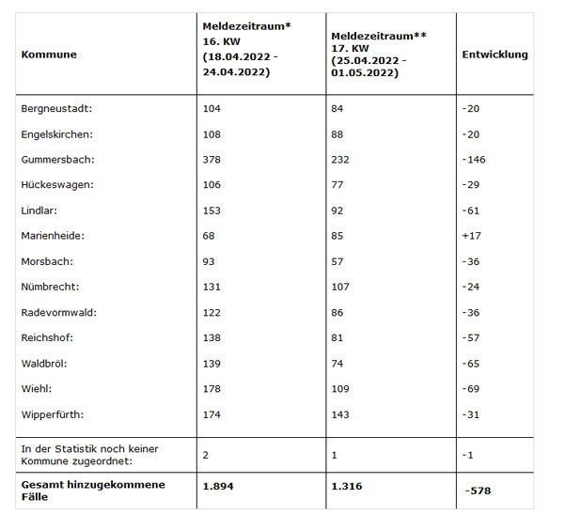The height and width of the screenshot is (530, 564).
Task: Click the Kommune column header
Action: click(x=49, y=55)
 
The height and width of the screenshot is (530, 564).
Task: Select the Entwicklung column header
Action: click(x=495, y=55)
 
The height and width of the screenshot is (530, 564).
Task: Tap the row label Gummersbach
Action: click(x=57, y=160)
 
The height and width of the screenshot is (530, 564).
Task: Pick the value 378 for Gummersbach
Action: click(x=212, y=160)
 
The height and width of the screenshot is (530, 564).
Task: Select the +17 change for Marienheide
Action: click(x=472, y=236)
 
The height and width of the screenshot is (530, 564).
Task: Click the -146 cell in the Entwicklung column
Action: click(x=474, y=160)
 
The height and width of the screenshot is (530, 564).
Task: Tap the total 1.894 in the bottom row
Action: click(x=218, y=486)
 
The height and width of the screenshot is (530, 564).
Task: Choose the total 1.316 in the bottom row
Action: click(x=347, y=486)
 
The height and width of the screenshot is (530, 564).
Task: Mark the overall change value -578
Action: click(x=478, y=491)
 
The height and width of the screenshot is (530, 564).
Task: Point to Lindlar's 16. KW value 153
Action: click(x=211, y=210)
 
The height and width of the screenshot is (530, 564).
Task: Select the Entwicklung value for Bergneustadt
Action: click(x=471, y=108)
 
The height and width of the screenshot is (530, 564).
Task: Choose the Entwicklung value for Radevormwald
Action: click(x=471, y=312)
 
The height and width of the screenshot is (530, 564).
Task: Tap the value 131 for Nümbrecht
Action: click(x=211, y=287)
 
